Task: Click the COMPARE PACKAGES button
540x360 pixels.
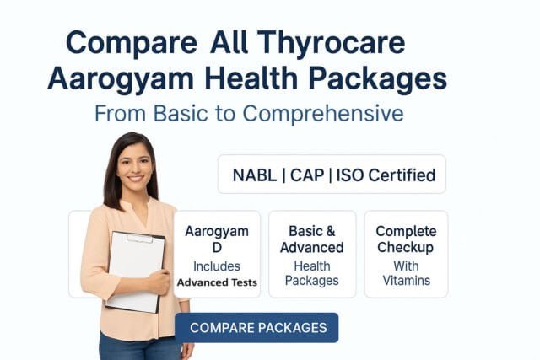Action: tap(256, 327)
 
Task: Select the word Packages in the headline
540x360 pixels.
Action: tap(376, 78)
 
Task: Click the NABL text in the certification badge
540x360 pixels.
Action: tap(254, 175)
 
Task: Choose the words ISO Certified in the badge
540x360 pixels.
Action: tap(386, 175)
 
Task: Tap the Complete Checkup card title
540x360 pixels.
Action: tap(406, 239)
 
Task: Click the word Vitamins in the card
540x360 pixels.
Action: tap(406, 280)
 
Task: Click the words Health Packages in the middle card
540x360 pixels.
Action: tap(311, 272)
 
